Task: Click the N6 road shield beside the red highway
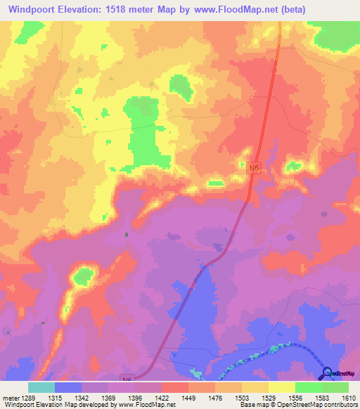pos(254,168)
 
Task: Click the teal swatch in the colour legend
pos(41,387)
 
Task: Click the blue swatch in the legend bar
pos(68,387)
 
